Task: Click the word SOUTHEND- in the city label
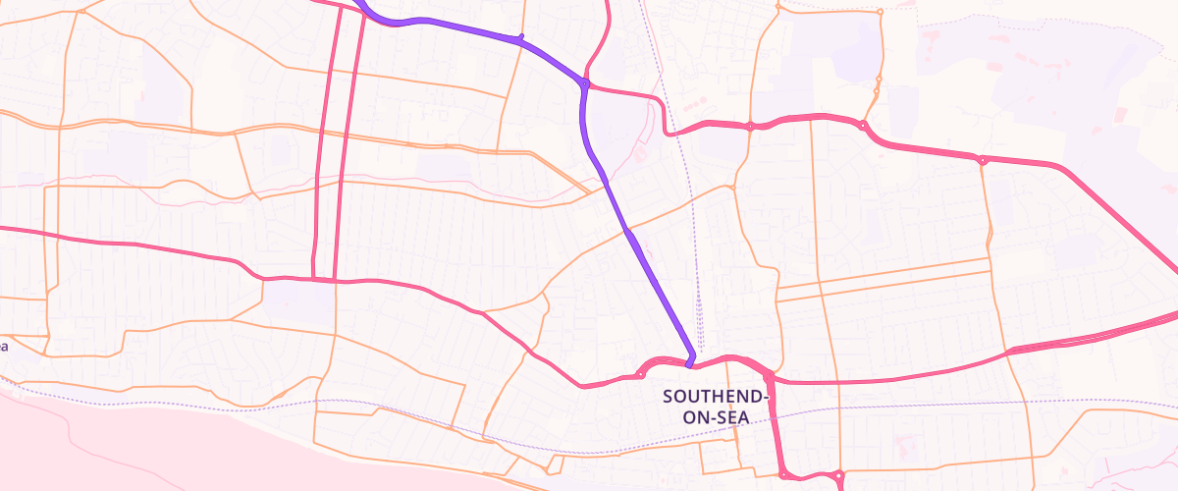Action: point(715,397)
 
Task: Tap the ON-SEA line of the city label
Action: point(715,417)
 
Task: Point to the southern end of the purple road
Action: point(690,363)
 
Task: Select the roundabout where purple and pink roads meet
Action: point(584,84)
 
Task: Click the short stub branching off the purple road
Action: point(520,37)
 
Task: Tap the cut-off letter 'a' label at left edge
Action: point(4,346)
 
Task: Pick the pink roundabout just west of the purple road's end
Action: point(641,374)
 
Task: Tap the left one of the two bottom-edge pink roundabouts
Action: point(784,475)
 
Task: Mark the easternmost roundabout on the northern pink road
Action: point(982,160)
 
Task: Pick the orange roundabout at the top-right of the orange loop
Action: point(880,12)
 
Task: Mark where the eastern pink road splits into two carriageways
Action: point(1011,351)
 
